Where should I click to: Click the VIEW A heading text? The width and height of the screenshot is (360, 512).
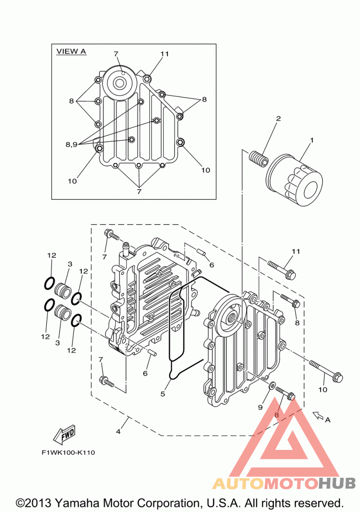tap(71, 51)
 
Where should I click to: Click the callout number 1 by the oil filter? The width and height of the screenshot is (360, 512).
tap(312, 140)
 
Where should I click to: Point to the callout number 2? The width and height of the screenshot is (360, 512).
tap(279, 118)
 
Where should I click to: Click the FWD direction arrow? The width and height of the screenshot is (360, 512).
tap(65, 434)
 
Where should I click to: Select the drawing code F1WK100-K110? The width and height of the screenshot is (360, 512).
tap(68, 453)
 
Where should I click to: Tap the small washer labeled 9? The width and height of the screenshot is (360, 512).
tap(272, 385)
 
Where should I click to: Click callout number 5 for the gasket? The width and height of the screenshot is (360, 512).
tap(163, 394)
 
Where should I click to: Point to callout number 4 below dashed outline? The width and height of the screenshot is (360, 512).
tap(118, 431)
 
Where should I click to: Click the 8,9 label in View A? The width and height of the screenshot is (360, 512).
tap(72, 144)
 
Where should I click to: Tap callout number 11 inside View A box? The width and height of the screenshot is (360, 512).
tap(164, 54)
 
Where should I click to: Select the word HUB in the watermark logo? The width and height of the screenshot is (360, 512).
tap(337, 483)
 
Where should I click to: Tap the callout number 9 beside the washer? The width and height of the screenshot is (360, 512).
tap(261, 407)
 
